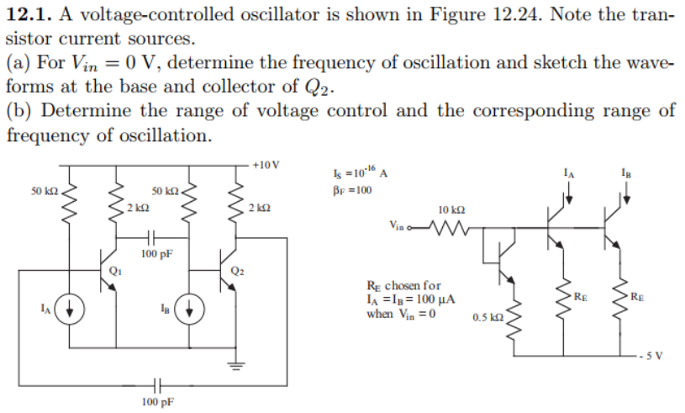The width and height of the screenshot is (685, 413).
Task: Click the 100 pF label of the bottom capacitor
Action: (x=156, y=402)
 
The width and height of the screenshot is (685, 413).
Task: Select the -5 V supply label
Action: (x=658, y=353)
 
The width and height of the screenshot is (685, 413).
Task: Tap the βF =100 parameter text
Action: (x=351, y=189)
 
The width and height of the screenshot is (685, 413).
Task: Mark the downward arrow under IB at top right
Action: (x=627, y=194)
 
